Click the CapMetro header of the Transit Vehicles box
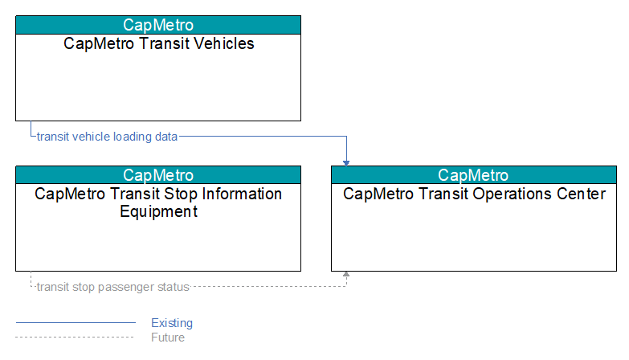click(x=158, y=25)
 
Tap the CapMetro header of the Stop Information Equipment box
click(x=158, y=175)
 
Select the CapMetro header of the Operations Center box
click(x=473, y=175)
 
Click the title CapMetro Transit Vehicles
click(x=159, y=43)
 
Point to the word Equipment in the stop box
click(x=159, y=211)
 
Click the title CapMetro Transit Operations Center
click(x=474, y=194)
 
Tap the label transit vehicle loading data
click(x=107, y=137)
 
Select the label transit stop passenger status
click(x=112, y=287)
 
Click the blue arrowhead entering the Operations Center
click(x=346, y=163)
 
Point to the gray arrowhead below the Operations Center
click(x=346, y=274)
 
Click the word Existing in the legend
click(x=172, y=323)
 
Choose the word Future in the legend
click(x=168, y=337)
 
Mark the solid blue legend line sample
click(x=76, y=322)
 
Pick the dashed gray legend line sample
click(x=75, y=337)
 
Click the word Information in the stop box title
click(x=242, y=194)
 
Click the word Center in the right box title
click(x=581, y=194)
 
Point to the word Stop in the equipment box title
click(x=181, y=194)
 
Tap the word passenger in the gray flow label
click(x=120, y=288)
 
